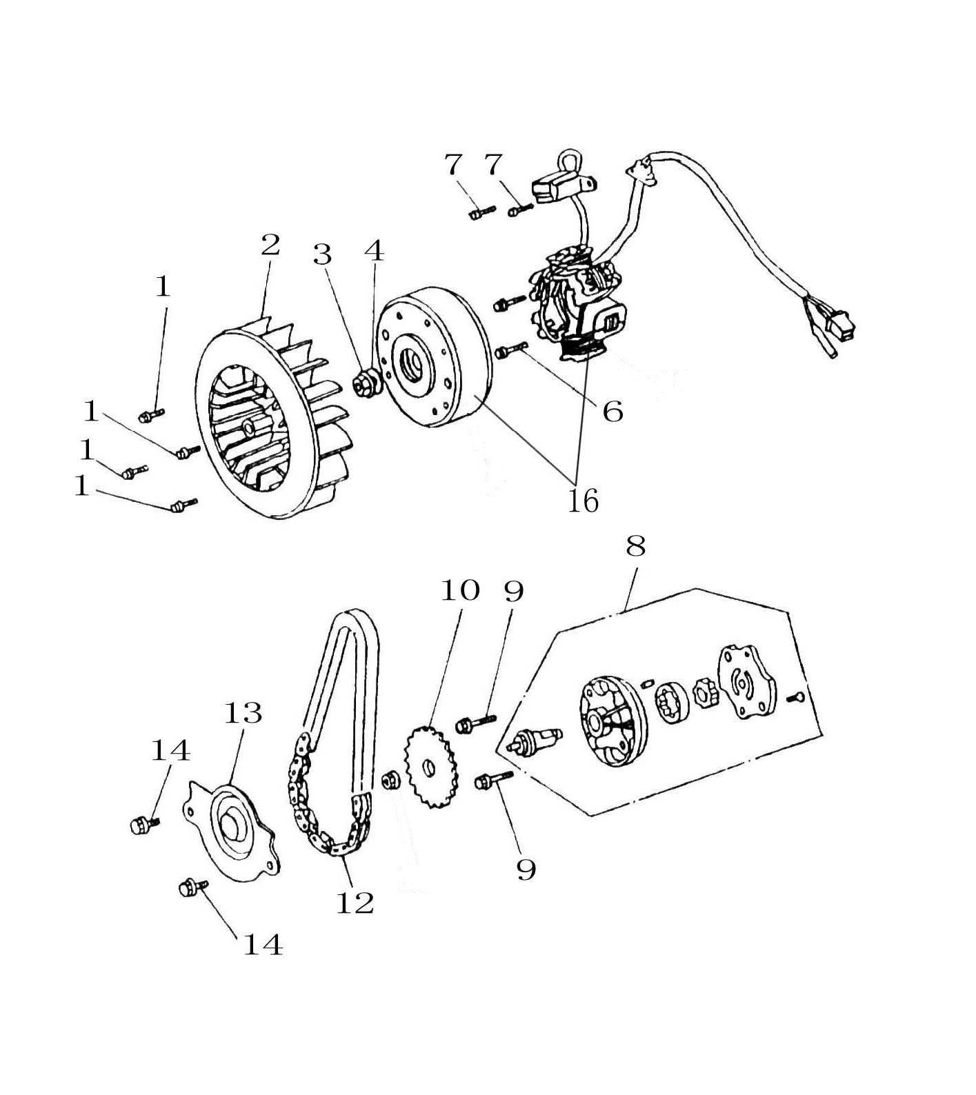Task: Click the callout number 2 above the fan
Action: click(x=270, y=245)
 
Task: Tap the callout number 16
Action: click(x=583, y=501)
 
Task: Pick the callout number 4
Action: click(x=374, y=251)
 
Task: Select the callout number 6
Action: click(x=613, y=412)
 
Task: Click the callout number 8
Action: click(x=635, y=546)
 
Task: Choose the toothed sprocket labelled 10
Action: click(x=428, y=767)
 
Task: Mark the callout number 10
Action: click(x=460, y=592)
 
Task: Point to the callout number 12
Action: click(x=355, y=903)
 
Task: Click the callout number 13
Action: click(x=243, y=713)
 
